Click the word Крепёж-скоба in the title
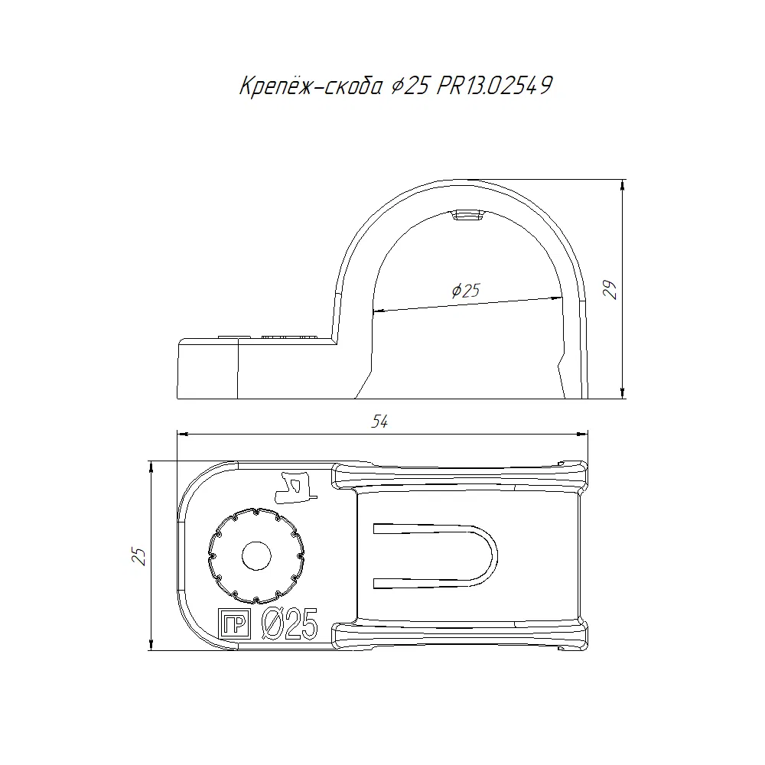tap(311, 86)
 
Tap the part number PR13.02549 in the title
tap(494, 86)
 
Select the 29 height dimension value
tap(610, 290)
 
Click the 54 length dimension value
tap(379, 422)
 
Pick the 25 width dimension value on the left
tap(139, 556)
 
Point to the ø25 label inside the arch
tap(466, 291)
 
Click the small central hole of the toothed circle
tap(256, 555)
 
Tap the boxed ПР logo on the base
tap(234, 623)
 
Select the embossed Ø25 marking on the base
tap(290, 623)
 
